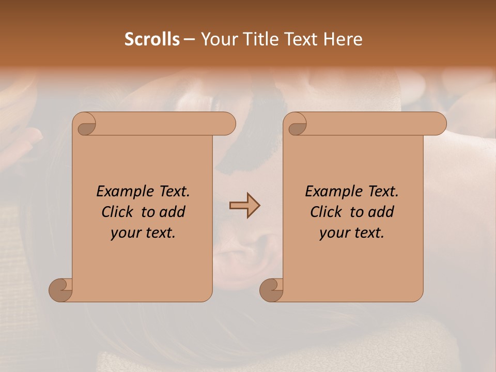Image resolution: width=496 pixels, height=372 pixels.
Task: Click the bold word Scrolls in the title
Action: (x=152, y=39)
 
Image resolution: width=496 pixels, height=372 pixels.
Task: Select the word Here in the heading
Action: (x=343, y=39)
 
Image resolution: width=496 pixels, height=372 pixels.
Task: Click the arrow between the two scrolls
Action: (x=244, y=206)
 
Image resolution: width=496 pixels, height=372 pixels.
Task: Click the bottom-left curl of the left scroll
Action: (x=60, y=290)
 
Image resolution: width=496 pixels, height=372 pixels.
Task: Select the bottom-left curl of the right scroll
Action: (x=271, y=290)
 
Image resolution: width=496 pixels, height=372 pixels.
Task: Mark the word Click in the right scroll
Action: (x=326, y=212)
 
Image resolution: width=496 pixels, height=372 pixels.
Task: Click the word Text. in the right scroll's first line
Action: (x=383, y=192)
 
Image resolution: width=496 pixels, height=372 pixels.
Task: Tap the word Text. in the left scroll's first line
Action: (x=173, y=192)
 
